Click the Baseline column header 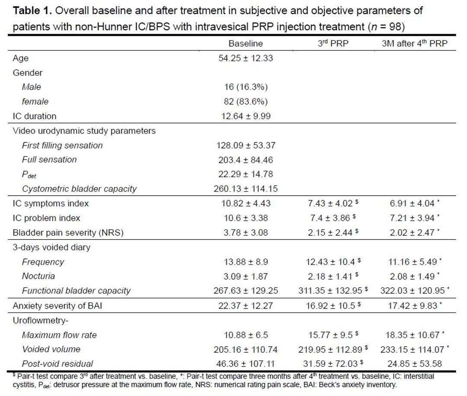tap(245, 44)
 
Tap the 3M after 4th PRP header tap(416, 44)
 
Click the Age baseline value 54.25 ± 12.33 tap(245, 58)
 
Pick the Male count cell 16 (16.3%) tap(245, 87)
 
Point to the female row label tap(35, 102)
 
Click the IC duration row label tap(35, 116)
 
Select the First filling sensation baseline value tap(245, 145)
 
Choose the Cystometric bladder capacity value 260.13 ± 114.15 tap(245, 189)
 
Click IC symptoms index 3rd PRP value tap(330, 203)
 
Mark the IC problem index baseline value tap(245, 218)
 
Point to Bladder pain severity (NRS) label tap(68, 232)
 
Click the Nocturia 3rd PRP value tap(330, 276)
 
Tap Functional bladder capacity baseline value tap(245, 291)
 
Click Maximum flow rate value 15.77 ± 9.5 tap(330, 335)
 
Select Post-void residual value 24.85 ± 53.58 tap(415, 364)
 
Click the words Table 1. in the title tap(30, 10)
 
